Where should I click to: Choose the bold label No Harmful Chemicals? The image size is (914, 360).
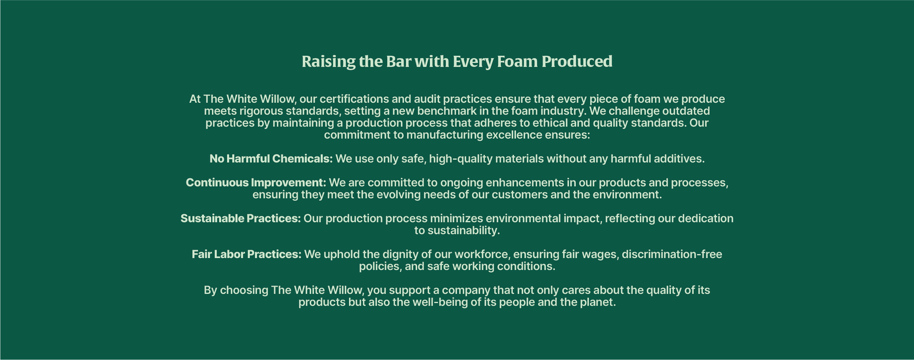(271, 159)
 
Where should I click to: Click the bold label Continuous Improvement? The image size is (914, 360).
(256, 183)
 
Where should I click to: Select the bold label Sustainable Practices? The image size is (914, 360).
(240, 218)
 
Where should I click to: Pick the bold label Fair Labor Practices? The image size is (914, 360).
(247, 254)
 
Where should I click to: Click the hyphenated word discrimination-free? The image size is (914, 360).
(672, 254)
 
